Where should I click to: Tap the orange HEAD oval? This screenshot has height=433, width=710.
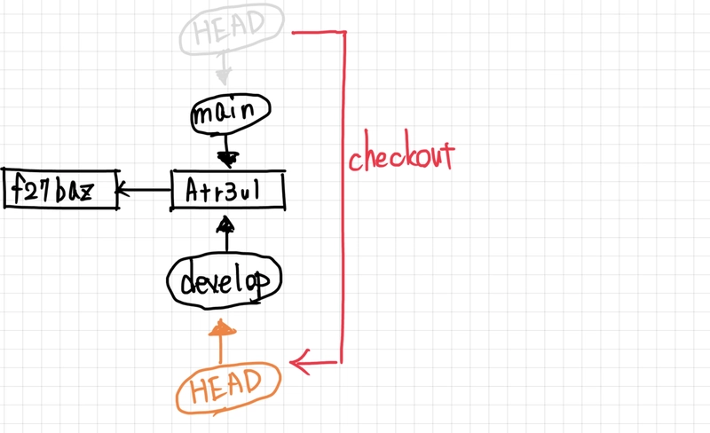[228, 382]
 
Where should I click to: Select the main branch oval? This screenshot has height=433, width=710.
[230, 113]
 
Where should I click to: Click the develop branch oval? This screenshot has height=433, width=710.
[225, 281]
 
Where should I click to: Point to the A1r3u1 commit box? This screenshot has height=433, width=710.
[229, 191]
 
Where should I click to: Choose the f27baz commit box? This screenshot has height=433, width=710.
[60, 189]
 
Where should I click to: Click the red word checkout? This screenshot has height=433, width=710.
[401, 157]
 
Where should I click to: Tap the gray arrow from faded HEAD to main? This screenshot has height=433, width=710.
[223, 69]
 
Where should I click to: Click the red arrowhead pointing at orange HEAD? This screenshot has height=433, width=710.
[299, 361]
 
